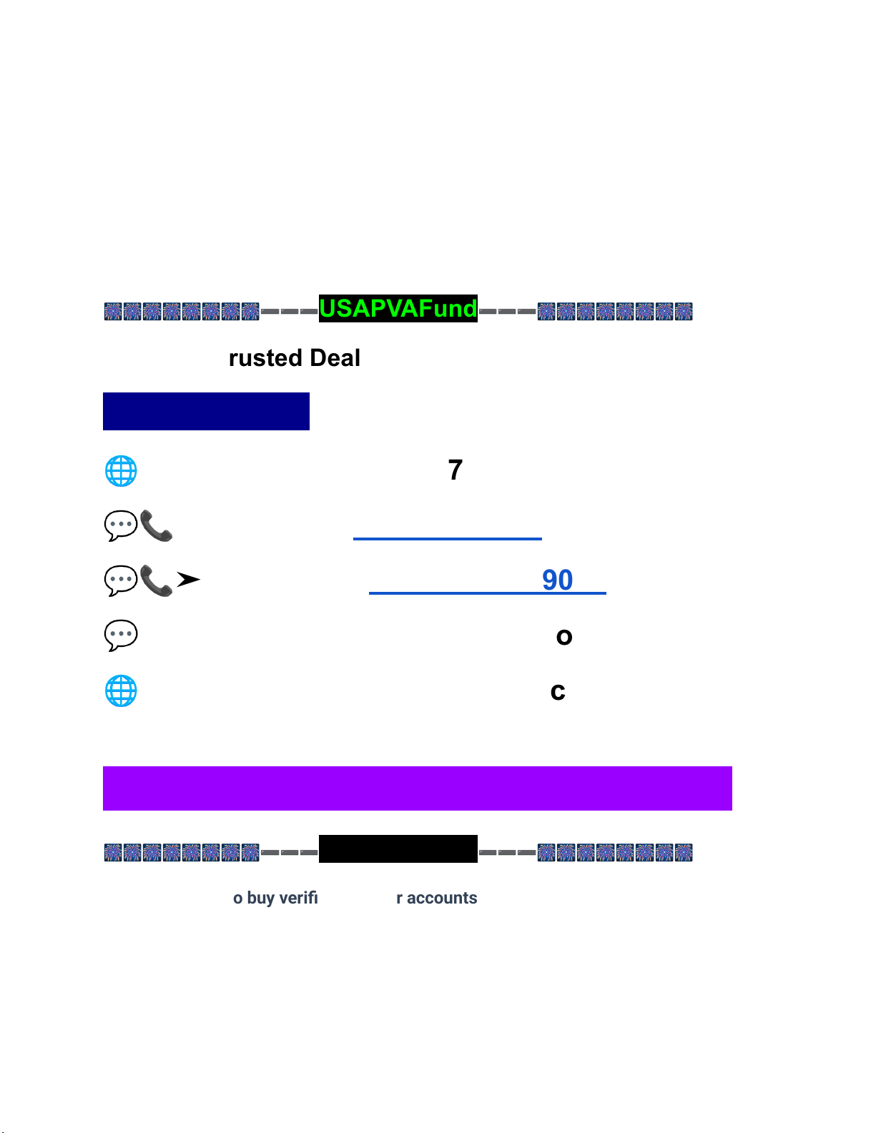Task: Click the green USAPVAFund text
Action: pos(398,308)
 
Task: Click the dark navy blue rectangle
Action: pos(206,411)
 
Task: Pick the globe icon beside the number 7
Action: pos(121,471)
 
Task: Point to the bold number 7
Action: pos(455,470)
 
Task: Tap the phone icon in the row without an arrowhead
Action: pos(157,526)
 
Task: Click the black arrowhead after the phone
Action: pos(188,580)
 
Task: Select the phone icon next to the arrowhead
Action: pos(157,580)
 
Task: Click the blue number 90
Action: pos(557,580)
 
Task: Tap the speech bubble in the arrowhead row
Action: pos(121,580)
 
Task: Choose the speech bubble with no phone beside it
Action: pos(121,635)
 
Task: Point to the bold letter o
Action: pos(564,636)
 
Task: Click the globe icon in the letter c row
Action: pos(121,691)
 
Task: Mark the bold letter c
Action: pos(558,691)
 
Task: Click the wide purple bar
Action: pos(417,788)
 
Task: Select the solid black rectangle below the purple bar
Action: pos(398,848)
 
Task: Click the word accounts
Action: pos(442,898)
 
